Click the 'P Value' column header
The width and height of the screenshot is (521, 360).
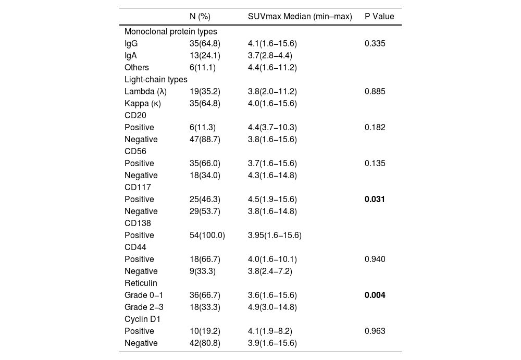(379, 16)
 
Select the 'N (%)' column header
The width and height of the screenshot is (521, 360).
(200, 16)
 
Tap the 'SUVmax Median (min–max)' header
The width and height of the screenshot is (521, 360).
(300, 16)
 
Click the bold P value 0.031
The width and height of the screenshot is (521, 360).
(375, 199)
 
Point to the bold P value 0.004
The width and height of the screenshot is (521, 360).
(375, 295)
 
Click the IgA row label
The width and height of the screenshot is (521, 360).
(131, 55)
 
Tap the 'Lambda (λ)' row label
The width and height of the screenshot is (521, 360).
(145, 91)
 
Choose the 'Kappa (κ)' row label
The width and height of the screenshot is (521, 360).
(143, 103)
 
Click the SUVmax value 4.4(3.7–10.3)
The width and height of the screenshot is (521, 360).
(272, 127)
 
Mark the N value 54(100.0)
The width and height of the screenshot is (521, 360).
(207, 235)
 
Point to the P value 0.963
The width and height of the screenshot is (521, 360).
(375, 331)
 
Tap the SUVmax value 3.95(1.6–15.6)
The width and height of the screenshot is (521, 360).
(275, 235)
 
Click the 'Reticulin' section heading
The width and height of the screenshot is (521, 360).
(141, 283)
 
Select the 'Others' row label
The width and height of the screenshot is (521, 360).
(137, 67)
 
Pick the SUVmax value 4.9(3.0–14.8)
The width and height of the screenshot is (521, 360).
(272, 307)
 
